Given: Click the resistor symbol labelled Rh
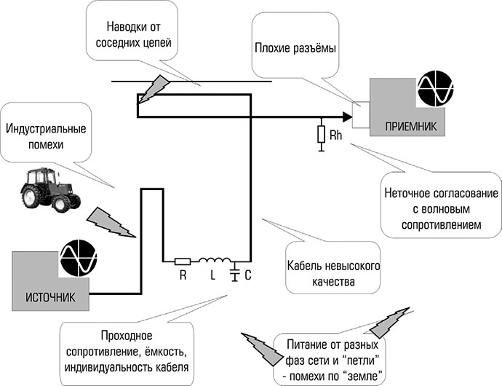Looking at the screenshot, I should (320, 135).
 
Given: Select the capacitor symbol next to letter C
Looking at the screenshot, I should (235, 273).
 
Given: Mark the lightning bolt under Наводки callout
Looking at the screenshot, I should (154, 87).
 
